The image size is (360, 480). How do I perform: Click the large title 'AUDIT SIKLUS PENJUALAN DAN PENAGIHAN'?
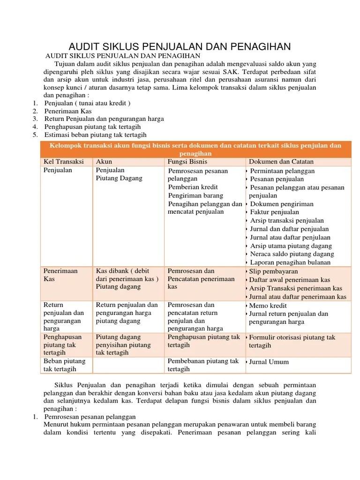[180, 46]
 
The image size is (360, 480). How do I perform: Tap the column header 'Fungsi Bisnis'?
[188, 161]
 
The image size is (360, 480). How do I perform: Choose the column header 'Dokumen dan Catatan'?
[281, 161]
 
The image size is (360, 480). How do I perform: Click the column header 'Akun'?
[104, 161]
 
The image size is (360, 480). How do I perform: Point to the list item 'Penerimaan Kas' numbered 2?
[68, 111]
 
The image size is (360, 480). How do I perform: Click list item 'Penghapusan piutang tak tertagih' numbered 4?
[92, 127]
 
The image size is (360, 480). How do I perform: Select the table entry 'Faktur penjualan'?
[275, 212]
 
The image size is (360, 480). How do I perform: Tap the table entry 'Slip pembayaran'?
[273, 271]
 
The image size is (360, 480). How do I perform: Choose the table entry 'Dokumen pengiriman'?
[282, 204]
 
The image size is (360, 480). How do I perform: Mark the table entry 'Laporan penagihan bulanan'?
[290, 262]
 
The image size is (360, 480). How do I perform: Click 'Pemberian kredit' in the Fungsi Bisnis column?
[193, 187]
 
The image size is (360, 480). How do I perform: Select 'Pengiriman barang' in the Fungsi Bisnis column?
[195, 195]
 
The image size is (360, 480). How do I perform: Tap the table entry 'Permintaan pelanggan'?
[282, 171]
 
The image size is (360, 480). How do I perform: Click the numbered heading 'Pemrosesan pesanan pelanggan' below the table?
[90, 417]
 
